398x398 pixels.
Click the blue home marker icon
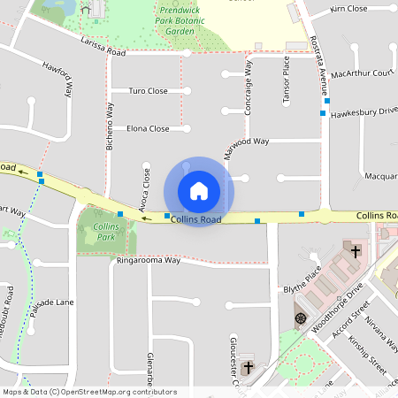pyautogui.click(x=198, y=191)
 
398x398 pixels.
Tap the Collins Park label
pyautogui.click(x=105, y=233)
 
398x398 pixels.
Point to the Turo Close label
pyautogui.click(x=148, y=90)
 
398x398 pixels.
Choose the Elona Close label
pyautogui.click(x=147, y=128)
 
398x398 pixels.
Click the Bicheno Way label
pyautogui.click(x=110, y=129)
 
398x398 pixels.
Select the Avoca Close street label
pyautogui.click(x=146, y=188)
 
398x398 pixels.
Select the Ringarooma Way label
pyautogui.click(x=148, y=261)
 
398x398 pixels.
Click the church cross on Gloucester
pyautogui.click(x=249, y=367)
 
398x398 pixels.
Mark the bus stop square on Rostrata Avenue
pyautogui.click(x=324, y=113)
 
